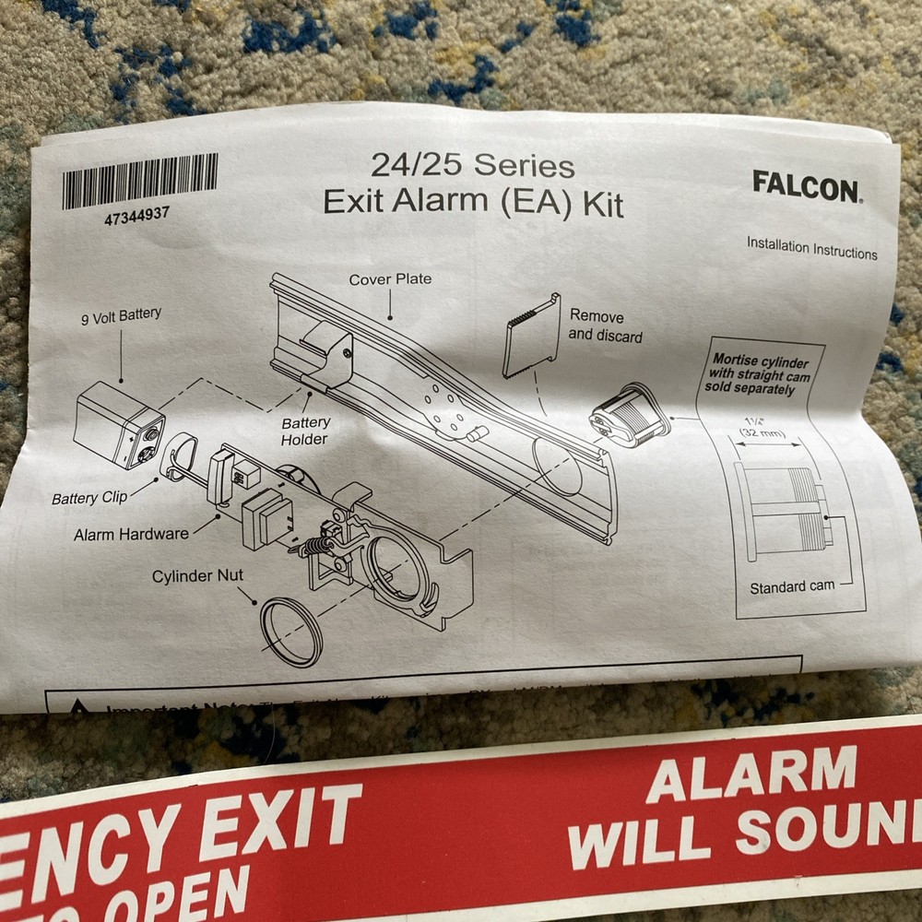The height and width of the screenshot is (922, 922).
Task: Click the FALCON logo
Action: click(806, 186)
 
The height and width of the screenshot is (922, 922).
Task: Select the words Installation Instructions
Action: click(811, 248)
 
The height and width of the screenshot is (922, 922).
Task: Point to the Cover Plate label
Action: click(389, 278)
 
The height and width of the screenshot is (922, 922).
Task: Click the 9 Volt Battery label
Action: click(120, 316)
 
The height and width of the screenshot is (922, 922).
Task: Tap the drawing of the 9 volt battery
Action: click(120, 424)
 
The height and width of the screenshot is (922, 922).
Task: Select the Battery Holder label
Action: click(305, 431)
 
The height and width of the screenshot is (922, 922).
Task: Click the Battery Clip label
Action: click(89, 498)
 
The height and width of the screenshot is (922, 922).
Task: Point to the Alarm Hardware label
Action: click(131, 533)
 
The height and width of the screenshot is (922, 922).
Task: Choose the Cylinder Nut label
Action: click(197, 576)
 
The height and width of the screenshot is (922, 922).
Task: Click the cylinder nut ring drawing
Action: click(290, 632)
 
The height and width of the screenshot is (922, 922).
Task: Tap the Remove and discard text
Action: click(605, 325)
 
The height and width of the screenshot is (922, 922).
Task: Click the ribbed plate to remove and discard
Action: click(532, 335)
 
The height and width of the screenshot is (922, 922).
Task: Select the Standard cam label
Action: click(791, 587)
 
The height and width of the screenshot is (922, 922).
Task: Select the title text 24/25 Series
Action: click(472, 166)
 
